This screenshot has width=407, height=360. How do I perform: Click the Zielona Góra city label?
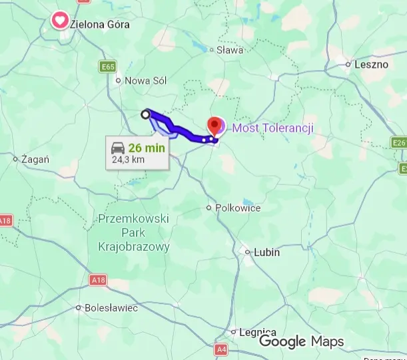[100, 25]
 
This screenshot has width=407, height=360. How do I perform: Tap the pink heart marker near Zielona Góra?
[59, 21]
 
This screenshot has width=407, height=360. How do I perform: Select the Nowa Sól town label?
[146, 81]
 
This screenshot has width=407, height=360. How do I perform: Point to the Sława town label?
[230, 49]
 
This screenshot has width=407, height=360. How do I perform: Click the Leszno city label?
[370, 65]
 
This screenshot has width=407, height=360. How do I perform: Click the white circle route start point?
[146, 114]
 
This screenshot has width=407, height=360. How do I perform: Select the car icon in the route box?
[118, 148]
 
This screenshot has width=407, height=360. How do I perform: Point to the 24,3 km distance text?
[128, 160]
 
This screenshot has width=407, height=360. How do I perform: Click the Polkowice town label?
[238, 208]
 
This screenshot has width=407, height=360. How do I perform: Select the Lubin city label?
[266, 253]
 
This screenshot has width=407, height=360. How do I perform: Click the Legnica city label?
[258, 331]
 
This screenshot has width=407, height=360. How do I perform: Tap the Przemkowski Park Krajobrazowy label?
[133, 232]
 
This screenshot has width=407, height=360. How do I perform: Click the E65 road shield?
[108, 67]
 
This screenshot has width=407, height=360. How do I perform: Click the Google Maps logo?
[301, 341]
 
